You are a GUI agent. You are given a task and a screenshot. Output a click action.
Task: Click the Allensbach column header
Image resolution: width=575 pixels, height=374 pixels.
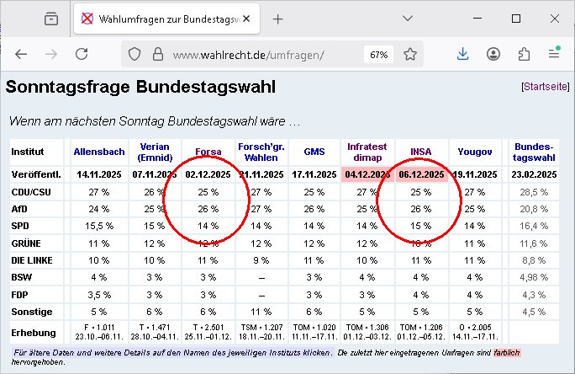pyautogui.click(x=99, y=152)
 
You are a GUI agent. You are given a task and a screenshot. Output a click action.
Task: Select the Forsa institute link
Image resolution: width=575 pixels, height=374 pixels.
pyautogui.click(x=208, y=152)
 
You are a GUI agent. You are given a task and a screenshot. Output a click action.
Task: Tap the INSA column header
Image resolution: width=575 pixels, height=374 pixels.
pyautogui.click(x=420, y=152)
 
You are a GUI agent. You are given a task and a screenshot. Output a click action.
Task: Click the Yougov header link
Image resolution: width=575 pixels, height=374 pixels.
pyautogui.click(x=475, y=152)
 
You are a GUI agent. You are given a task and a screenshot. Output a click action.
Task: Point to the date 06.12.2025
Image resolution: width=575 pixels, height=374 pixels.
pyautogui.click(x=420, y=174)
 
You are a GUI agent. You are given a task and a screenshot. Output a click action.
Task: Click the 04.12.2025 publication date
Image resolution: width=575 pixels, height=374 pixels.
pyautogui.click(x=367, y=174)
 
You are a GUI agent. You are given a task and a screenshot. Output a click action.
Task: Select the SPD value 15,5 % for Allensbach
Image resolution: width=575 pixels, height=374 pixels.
pyautogui.click(x=99, y=226)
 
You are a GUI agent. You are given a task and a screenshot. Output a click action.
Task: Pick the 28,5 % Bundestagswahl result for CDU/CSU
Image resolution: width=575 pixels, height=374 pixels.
pyautogui.click(x=535, y=191)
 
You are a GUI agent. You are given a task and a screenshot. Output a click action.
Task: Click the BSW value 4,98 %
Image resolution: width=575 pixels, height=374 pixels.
pyautogui.click(x=535, y=276)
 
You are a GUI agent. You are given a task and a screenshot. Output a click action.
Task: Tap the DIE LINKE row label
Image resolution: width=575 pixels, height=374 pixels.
pyautogui.click(x=34, y=259)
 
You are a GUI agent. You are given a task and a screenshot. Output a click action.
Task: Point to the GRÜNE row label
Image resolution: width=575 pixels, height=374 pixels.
pyautogui.click(x=27, y=243)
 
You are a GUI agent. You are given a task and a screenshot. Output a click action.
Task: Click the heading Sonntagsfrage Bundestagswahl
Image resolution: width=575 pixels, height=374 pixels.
pyautogui.click(x=140, y=86)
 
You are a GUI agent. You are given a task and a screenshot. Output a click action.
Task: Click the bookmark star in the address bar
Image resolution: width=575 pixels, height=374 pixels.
pyautogui.click(x=410, y=54)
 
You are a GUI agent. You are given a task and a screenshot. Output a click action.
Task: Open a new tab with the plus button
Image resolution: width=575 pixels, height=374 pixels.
pyautogui.click(x=278, y=19)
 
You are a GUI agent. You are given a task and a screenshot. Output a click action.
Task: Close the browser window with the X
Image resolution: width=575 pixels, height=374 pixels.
pyautogui.click(x=554, y=19)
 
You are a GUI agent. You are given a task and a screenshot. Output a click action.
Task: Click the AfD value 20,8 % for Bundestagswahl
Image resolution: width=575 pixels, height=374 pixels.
pyautogui.click(x=535, y=208)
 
